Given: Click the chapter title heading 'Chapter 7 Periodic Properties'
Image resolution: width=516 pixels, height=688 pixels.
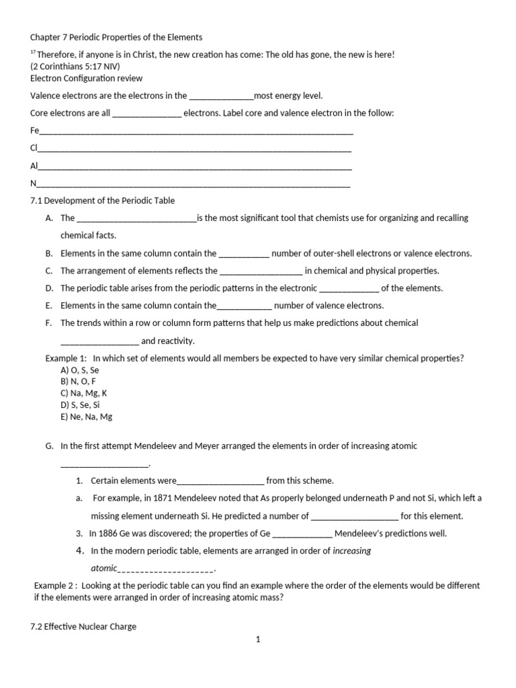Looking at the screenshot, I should [x=116, y=37].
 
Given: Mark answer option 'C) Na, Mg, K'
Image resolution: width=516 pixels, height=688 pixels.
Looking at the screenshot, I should [x=84, y=393].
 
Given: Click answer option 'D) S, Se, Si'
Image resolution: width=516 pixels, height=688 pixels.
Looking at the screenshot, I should [x=81, y=405].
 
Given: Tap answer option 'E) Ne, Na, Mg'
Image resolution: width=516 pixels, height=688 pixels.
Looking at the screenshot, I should [x=86, y=417].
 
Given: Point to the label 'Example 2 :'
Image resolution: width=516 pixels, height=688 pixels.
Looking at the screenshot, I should [x=57, y=585].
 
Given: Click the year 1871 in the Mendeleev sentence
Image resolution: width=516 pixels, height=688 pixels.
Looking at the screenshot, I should [x=166, y=499].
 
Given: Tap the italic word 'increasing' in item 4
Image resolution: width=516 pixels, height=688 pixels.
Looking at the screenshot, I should [x=352, y=551].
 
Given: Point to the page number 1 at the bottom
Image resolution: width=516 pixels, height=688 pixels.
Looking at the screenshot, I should [x=257, y=640].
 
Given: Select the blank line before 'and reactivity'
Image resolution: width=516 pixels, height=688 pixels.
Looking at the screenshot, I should [x=99, y=341].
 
